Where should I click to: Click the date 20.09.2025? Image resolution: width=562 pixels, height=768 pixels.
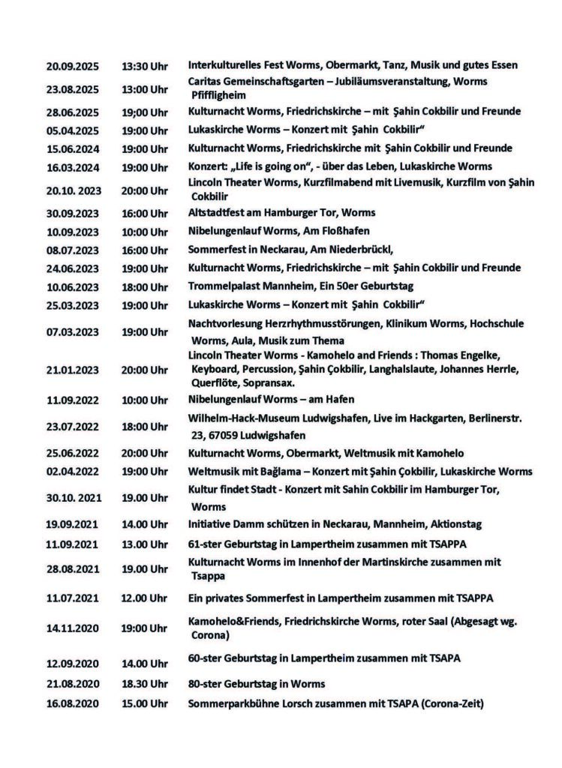(72, 66)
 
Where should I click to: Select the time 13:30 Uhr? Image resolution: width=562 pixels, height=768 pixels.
(146, 66)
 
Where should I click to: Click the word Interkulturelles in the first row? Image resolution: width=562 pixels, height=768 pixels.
(224, 65)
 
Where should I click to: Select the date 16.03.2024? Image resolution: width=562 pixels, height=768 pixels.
(72, 167)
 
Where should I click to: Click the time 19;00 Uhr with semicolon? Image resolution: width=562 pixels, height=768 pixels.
(146, 112)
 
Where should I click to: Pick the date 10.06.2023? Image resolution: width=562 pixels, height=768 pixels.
(72, 286)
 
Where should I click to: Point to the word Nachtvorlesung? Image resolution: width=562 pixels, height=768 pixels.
(224, 322)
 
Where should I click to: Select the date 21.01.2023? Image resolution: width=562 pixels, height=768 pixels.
(72, 370)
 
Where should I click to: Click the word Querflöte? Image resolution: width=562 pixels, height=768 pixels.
(213, 381)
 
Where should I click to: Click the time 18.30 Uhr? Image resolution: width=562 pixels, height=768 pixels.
(146, 685)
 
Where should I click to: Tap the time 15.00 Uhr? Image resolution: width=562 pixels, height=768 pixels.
(146, 703)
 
